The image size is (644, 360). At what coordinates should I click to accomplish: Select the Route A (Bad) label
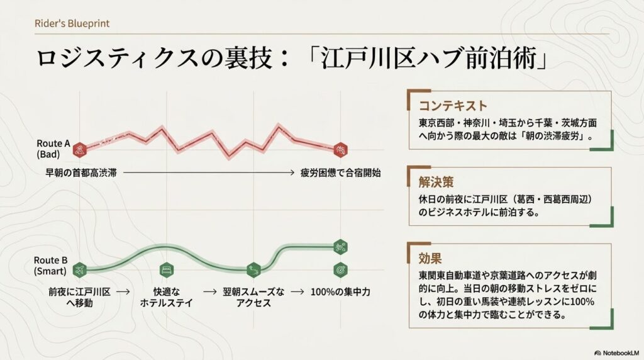[x=53, y=149]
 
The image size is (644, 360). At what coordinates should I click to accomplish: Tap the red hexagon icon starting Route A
[x=79, y=149]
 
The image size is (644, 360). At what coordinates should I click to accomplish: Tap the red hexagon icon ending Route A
[x=340, y=150]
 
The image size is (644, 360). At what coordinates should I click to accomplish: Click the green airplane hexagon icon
[x=79, y=270]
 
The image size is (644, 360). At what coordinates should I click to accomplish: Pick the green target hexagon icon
[x=340, y=268]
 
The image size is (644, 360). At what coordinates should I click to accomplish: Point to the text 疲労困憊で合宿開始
[x=340, y=172]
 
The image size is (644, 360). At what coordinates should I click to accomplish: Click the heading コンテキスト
[x=453, y=105]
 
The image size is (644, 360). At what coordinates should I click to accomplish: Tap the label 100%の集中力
[x=340, y=292]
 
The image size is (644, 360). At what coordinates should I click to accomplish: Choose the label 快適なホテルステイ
[x=167, y=297]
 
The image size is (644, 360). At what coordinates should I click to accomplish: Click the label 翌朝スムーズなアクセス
[x=253, y=297]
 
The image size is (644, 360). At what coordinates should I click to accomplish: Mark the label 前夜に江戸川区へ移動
[x=79, y=297]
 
